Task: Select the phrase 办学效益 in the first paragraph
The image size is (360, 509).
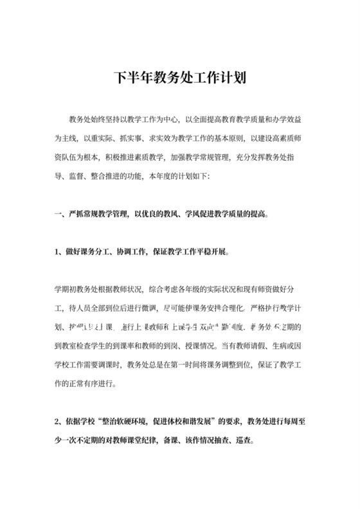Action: point(289,120)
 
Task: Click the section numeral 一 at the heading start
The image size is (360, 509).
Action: point(57,213)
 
